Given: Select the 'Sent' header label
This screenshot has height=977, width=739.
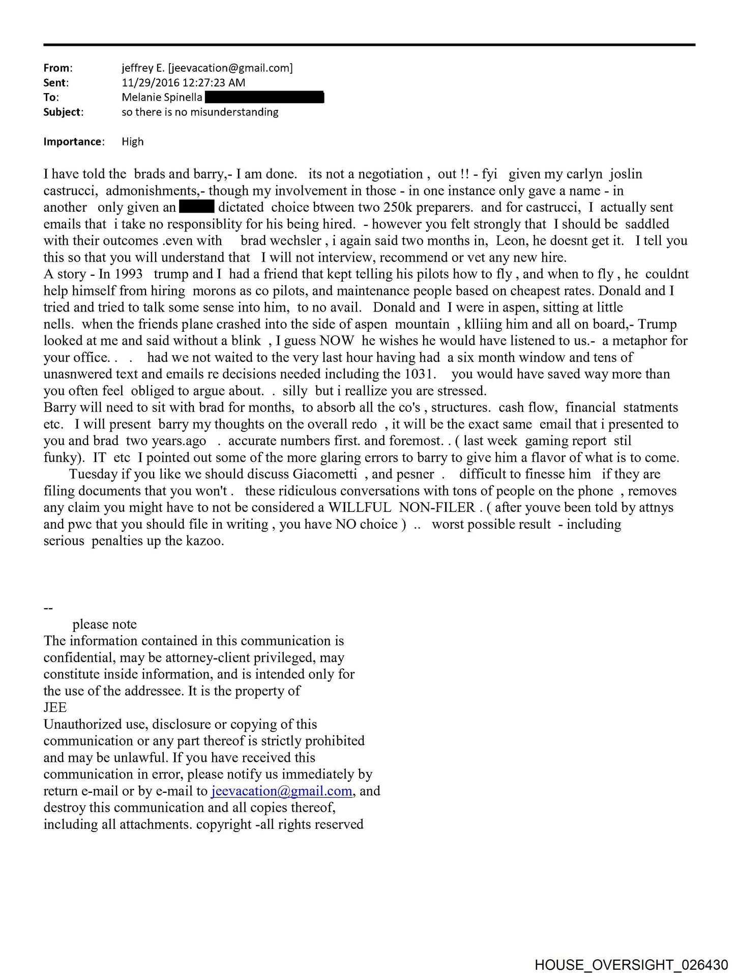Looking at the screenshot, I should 56,82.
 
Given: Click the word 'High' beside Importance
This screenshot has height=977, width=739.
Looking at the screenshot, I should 133,141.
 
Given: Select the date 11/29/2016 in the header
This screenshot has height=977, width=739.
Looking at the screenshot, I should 147,82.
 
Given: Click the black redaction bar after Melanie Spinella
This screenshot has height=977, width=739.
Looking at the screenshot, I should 264,97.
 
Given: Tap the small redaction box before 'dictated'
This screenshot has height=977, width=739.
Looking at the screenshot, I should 196,207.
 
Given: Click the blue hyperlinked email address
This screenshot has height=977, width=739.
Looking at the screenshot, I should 281,791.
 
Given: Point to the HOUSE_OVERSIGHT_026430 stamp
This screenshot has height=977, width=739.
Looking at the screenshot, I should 631,964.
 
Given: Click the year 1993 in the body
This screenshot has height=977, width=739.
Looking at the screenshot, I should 125,274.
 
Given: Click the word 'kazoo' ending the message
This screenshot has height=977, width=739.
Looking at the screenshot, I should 205,541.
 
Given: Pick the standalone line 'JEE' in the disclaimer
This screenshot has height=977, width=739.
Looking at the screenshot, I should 55,707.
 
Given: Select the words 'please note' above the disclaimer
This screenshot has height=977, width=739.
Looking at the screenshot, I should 104,624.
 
